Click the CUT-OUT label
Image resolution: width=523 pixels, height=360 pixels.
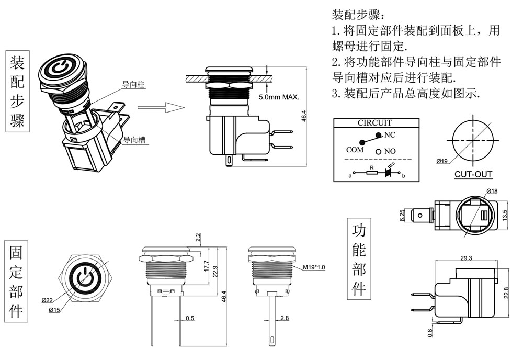pos(473,175)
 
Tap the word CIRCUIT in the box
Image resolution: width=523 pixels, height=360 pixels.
pos(374,123)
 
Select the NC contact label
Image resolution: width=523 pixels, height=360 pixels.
pos(390,135)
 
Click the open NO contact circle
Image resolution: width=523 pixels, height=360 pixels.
pos(378,152)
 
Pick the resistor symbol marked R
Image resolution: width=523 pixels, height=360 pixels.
pos(371,172)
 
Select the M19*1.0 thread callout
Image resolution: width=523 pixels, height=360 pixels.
pos(314,267)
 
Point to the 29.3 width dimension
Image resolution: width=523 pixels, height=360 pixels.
pos(467,258)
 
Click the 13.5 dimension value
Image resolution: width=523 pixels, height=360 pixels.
pos(505,215)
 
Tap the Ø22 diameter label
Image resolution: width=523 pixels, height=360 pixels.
pos(48,300)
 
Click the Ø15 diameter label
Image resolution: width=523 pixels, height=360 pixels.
pos(55,310)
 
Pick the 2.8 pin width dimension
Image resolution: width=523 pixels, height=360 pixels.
pos(284,318)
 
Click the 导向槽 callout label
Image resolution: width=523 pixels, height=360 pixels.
pos(134,140)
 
